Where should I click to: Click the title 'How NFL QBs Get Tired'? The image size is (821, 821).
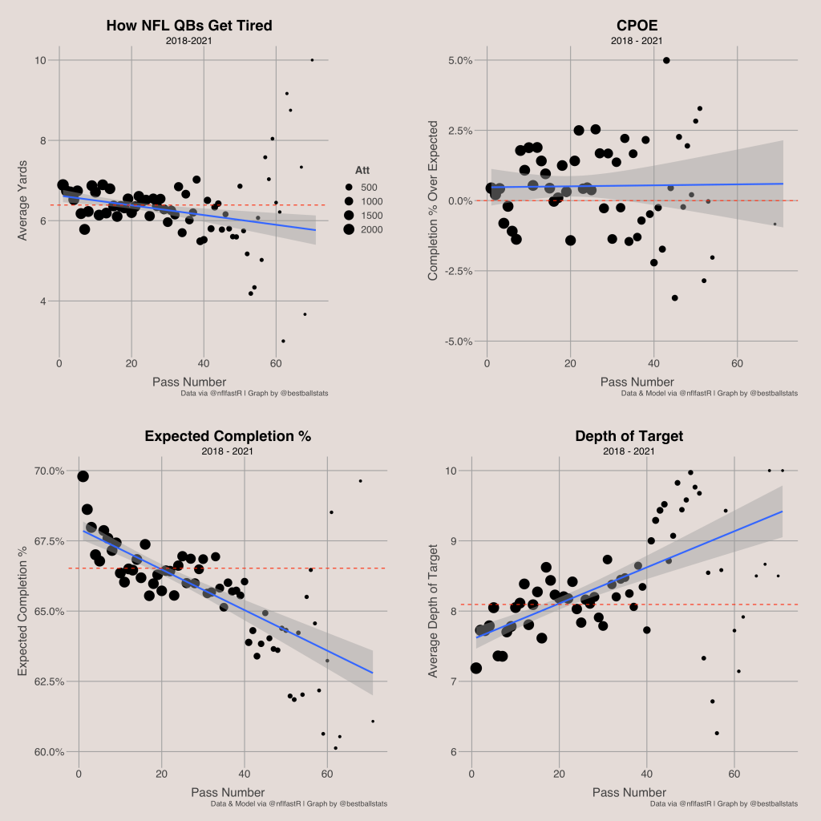(x=189, y=26)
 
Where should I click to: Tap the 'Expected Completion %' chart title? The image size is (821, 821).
(x=227, y=436)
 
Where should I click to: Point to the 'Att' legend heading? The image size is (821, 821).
(x=362, y=170)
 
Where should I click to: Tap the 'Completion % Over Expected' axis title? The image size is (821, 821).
(x=433, y=200)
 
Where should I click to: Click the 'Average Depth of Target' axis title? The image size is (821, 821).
(x=433, y=611)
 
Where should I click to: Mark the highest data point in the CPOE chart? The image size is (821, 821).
(x=666, y=60)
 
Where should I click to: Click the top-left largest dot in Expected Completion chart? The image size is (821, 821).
(x=83, y=476)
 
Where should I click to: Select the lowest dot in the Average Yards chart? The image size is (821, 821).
(x=283, y=341)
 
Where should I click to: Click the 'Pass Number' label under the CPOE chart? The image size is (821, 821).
(x=637, y=382)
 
